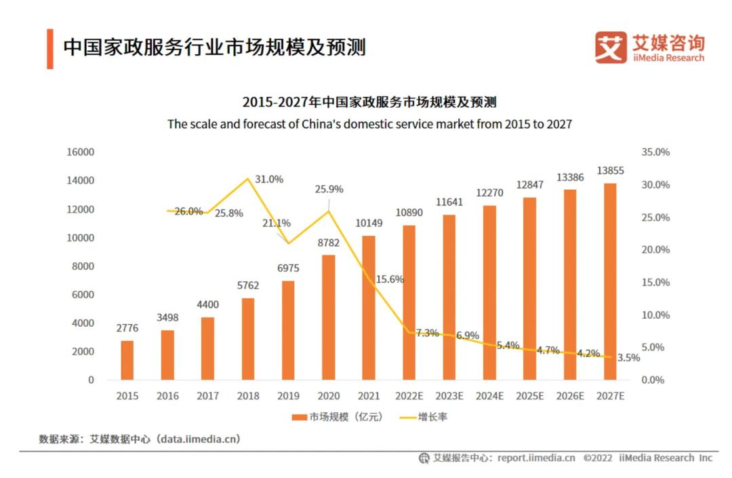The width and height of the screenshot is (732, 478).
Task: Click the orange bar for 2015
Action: pos(127,360)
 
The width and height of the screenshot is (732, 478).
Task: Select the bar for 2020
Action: pos(328,317)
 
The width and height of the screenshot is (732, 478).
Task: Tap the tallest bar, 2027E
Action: pos(610,281)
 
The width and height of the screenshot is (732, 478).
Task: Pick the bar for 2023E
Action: pos(449,297)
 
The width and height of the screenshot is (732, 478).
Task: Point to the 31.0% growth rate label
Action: pos(270,180)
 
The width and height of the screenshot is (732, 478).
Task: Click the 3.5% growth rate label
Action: pos(628,358)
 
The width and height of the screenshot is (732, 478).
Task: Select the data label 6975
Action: pos(287,268)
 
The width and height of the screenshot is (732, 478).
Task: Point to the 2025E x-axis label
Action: pos(529,396)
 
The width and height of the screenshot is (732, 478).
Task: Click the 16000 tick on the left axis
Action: pos(80,153)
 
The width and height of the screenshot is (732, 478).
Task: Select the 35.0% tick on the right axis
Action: pos(655,153)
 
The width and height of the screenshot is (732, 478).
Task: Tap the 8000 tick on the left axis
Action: pos(83,266)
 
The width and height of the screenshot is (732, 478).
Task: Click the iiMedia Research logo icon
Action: pos(611,47)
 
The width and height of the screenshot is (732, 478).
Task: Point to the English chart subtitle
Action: pos(369,125)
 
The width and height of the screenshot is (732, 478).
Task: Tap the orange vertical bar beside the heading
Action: pos(50,48)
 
